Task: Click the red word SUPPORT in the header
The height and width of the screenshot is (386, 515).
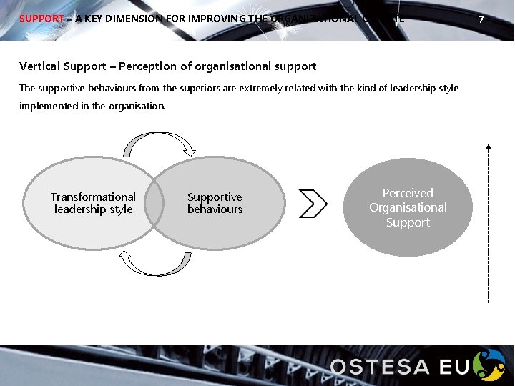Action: [41, 19]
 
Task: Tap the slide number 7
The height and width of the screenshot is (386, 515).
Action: [481, 20]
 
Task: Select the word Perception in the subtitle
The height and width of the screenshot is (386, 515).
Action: [147, 66]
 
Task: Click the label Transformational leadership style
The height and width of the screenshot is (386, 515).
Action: [93, 203]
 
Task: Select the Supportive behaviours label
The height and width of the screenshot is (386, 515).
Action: [215, 203]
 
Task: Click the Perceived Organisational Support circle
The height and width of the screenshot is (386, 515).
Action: [408, 207]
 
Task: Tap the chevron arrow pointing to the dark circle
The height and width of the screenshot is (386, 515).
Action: [313, 204]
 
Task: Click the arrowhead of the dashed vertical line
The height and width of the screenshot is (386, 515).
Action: [489, 147]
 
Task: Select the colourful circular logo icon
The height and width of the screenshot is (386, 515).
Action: [491, 365]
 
